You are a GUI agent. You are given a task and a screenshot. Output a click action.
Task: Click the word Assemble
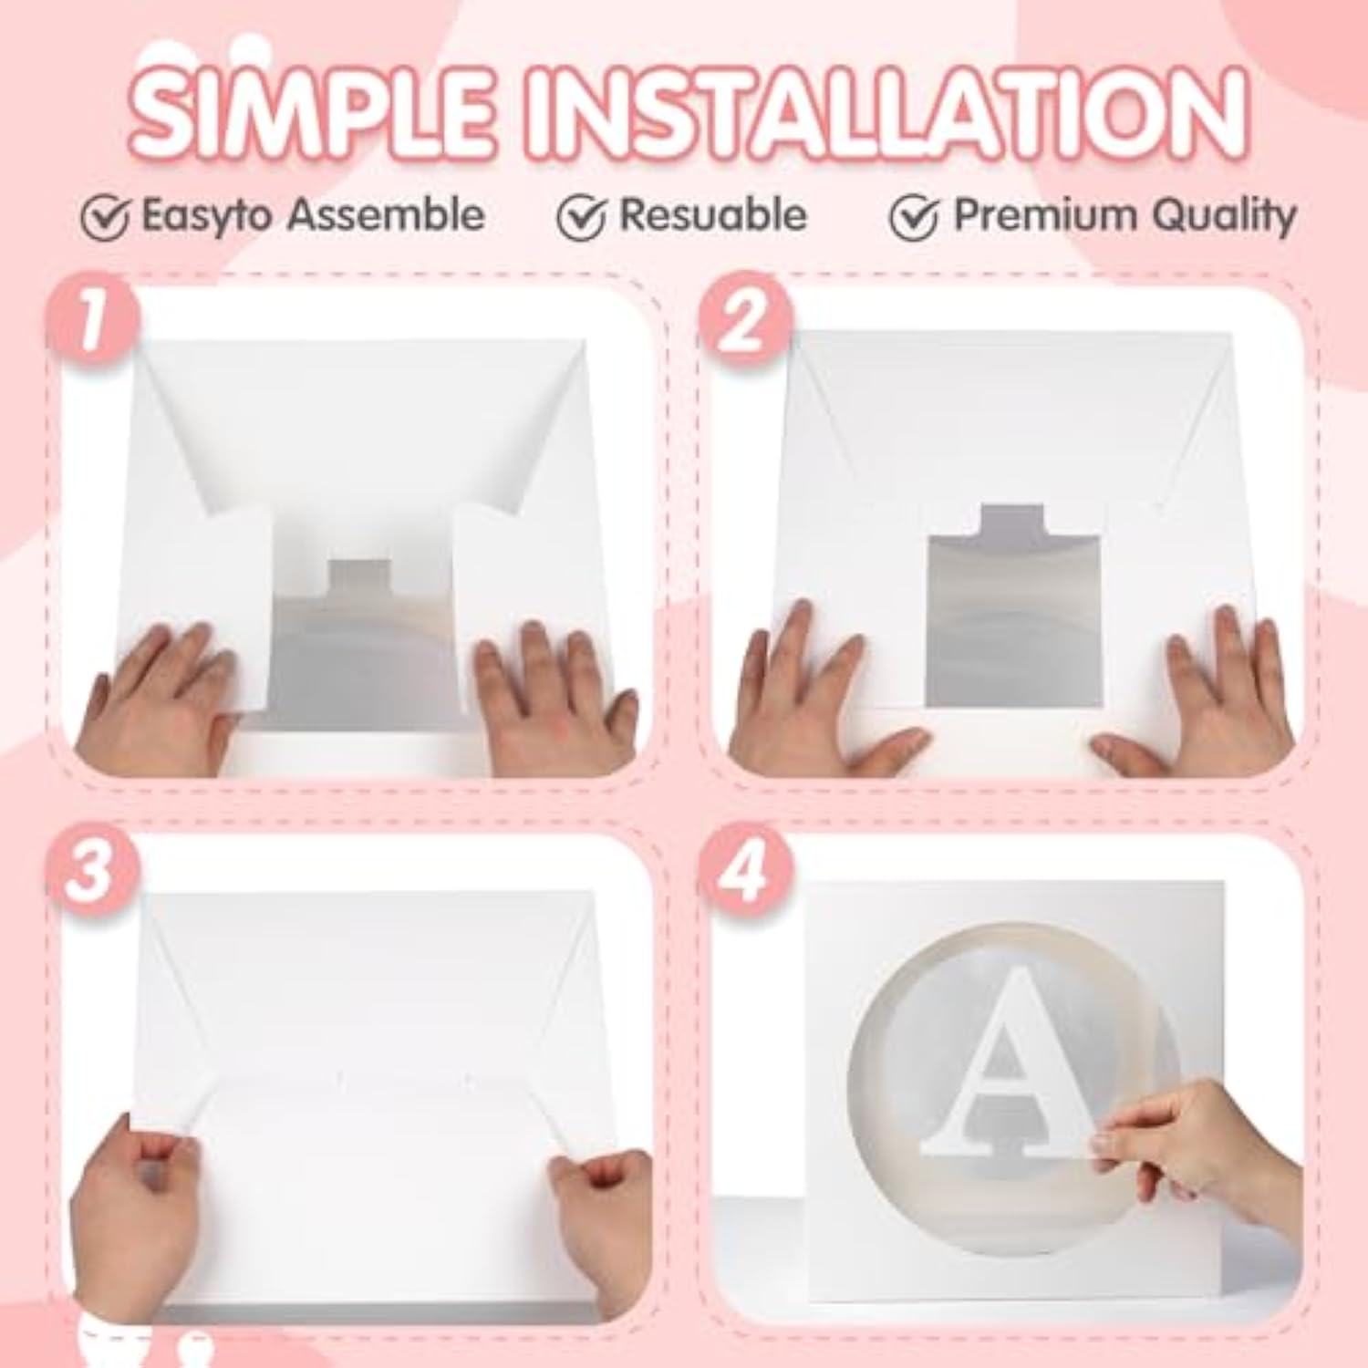(x=386, y=215)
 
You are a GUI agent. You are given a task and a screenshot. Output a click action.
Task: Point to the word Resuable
(x=712, y=215)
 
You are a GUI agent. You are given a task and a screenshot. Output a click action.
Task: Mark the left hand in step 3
(x=137, y=1204)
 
